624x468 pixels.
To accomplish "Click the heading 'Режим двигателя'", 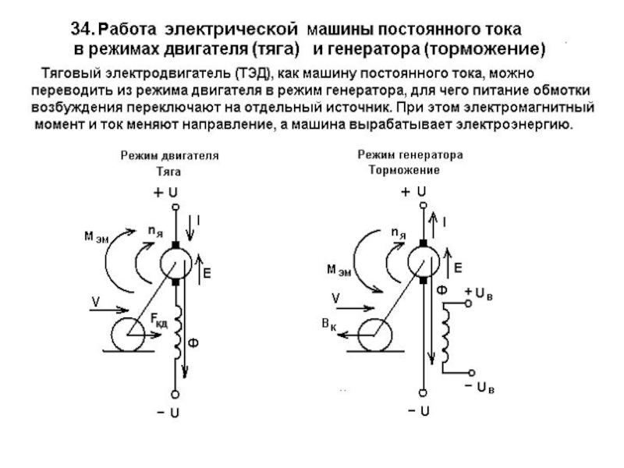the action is click(169, 155).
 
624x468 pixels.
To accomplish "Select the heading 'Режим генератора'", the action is click(410, 154).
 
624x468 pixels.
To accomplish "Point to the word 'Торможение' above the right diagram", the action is click(404, 170).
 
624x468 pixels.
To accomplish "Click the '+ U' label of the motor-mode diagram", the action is click(165, 193).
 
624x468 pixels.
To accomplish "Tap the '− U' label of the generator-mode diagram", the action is click(418, 411).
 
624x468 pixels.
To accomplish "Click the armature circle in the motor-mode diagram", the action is click(175, 264).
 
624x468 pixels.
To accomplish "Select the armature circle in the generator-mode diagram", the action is click(424, 262).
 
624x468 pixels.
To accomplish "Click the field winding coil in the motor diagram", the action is click(178, 332).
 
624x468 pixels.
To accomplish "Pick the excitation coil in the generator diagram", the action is click(445, 332).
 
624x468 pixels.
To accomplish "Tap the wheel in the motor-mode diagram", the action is click(127, 335).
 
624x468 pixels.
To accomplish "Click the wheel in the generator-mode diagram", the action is click(374, 335).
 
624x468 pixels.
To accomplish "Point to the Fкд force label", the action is click(159, 320).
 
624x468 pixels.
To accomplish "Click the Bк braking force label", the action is click(328, 324).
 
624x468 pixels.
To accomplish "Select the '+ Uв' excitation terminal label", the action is click(479, 293).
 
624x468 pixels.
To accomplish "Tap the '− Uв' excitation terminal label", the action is click(479, 387).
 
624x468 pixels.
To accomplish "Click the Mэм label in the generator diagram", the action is click(339, 270).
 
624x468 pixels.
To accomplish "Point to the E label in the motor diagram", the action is click(207, 274).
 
